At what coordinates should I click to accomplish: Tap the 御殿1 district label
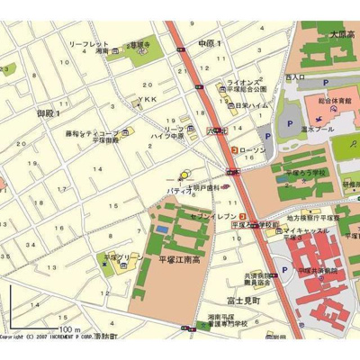[48, 113]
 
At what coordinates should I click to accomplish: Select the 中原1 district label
[209, 42]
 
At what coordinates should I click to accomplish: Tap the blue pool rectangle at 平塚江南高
[162, 229]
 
